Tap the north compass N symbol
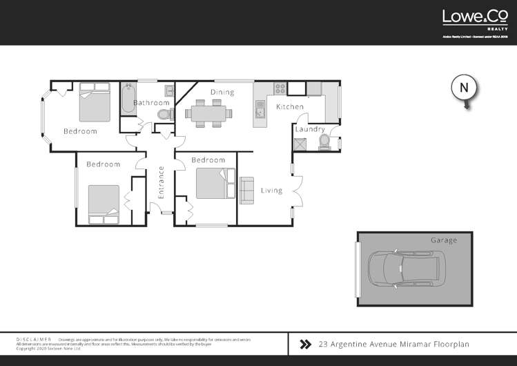coord(465,88)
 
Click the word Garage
coord(443,240)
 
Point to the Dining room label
coord(222,92)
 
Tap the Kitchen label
coord(290,107)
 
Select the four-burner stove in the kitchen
coord(280,88)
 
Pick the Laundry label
coord(310,129)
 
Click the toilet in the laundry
coord(323,142)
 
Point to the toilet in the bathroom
coord(163,114)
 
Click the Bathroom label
coord(151,103)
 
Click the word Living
coord(271,191)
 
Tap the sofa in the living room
coord(246,190)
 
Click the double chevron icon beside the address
coord(305,343)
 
